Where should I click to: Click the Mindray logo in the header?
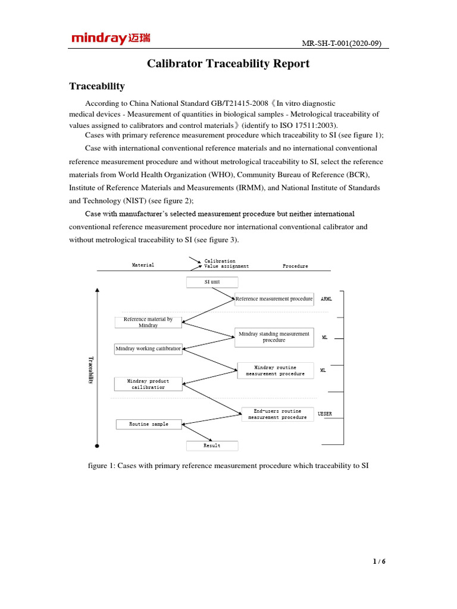tap(111, 39)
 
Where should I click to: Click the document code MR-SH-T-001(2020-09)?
tap(346, 43)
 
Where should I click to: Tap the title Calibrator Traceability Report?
tap(228, 64)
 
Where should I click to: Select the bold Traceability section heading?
tap(96, 86)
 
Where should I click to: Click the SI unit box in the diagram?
tap(212, 282)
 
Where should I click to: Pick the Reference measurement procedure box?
tap(274, 299)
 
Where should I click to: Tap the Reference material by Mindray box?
tap(148, 322)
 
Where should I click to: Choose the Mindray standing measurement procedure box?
tap(274, 337)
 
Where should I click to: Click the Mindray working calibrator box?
tap(148, 349)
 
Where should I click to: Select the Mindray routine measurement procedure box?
tap(275, 371)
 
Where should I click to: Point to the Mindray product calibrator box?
tap(148, 384)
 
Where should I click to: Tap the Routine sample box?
tap(148, 424)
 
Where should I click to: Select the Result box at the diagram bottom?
tap(212, 445)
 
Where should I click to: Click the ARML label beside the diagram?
tap(326, 299)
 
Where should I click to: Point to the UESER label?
tap(325, 413)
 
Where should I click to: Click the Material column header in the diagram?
tap(143, 265)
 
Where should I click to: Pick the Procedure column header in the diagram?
tap(295, 266)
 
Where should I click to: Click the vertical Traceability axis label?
tap(91, 370)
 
